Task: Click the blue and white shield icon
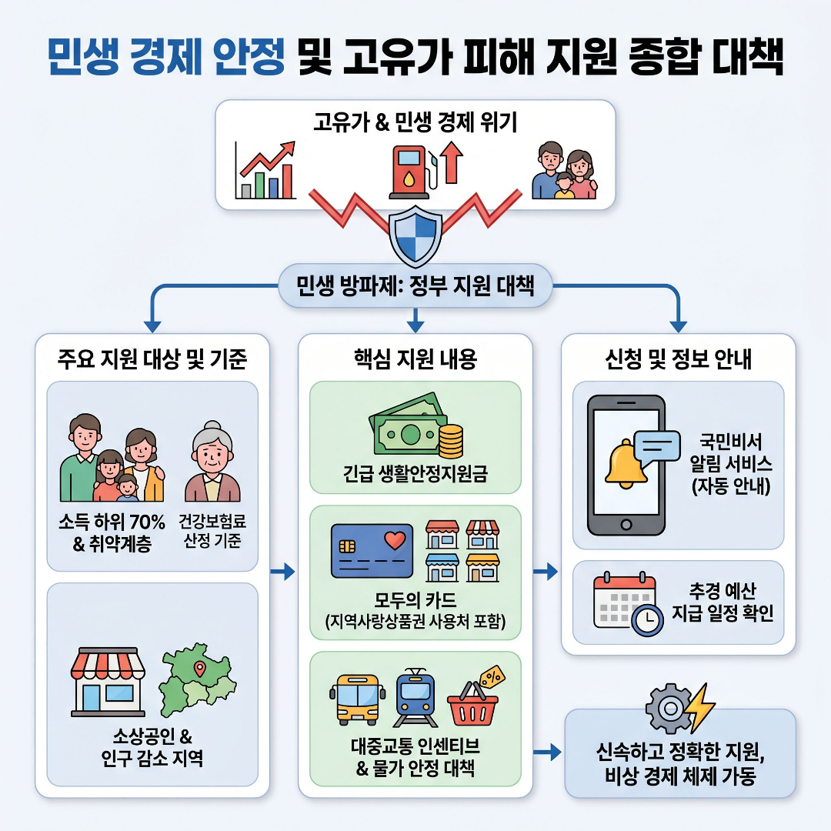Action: tap(415, 235)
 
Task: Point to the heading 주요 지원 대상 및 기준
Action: tap(152, 359)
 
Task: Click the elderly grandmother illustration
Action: tap(212, 461)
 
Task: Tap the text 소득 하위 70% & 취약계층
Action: tap(112, 532)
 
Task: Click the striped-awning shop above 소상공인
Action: tap(108, 681)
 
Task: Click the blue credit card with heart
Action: tap(369, 550)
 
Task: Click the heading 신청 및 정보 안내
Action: tap(678, 359)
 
